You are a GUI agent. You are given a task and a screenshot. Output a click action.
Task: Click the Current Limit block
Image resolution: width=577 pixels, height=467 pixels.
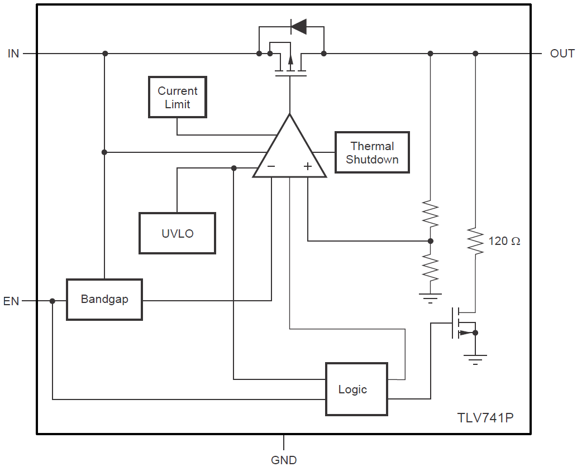[177, 98]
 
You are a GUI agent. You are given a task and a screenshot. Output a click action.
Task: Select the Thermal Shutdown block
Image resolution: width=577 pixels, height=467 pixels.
[372, 153]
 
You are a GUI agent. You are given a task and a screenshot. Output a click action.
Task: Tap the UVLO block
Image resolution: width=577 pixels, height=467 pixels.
[177, 233]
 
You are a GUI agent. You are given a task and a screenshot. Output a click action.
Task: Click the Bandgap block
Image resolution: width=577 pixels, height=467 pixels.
[104, 299]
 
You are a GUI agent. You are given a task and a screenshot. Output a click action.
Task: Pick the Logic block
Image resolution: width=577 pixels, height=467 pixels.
[356, 389]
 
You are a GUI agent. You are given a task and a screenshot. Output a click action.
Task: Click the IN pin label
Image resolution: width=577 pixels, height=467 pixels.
[13, 54]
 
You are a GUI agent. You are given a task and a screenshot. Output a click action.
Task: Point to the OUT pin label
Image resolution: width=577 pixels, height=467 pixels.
[562, 54]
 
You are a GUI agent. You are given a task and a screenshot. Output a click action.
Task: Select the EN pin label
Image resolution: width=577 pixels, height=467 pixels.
[11, 301]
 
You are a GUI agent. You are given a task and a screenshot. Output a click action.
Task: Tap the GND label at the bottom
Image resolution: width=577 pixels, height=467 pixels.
[284, 460]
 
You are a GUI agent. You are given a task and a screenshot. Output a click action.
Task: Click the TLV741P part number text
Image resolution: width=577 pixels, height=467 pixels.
[485, 418]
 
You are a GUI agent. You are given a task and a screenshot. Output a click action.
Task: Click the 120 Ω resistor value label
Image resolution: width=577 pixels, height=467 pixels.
[504, 241]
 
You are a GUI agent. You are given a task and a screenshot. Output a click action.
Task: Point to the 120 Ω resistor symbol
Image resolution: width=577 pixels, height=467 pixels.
[475, 241]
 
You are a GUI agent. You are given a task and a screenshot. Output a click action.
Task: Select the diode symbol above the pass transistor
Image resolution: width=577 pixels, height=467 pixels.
[298, 26]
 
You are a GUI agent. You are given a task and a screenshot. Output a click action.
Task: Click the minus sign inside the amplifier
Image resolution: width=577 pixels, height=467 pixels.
[271, 166]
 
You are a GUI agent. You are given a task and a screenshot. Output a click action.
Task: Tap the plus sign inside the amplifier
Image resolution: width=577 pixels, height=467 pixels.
[307, 166]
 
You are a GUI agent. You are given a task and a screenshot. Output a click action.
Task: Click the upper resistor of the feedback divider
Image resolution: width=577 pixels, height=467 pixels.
[430, 213]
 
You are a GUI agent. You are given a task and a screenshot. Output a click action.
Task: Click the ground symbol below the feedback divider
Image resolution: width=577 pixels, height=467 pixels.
[430, 297]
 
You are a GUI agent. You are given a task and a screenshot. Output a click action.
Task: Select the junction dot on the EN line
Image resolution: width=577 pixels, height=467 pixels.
[53, 301]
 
